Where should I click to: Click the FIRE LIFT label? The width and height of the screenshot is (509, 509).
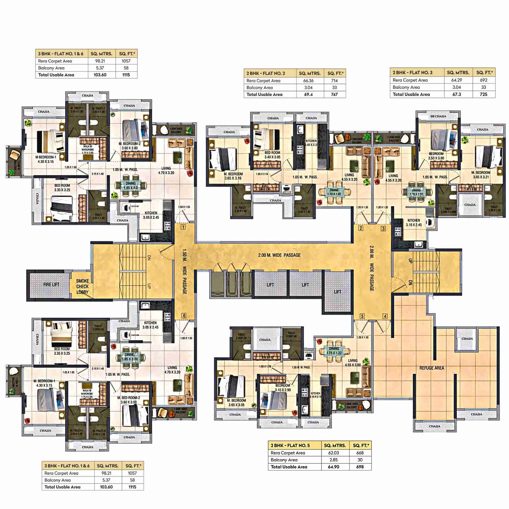click(51, 284)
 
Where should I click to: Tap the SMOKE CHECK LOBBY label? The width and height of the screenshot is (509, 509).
click(82, 286)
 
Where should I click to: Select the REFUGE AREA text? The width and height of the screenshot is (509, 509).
click(431, 368)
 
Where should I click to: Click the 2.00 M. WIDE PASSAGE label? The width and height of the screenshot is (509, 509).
click(279, 255)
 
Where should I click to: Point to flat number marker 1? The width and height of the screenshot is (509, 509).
click(183, 227)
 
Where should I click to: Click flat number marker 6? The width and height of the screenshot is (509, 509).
click(184, 316)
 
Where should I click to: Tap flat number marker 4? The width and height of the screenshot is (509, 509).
click(385, 316)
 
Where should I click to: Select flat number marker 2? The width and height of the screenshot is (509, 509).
click(361, 228)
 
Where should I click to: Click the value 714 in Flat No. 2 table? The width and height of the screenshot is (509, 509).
click(334, 81)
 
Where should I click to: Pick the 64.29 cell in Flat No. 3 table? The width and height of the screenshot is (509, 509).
click(457, 80)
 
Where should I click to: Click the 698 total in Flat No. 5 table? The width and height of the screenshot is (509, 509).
click(360, 467)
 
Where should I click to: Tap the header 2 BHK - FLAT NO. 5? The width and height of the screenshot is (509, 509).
click(290, 445)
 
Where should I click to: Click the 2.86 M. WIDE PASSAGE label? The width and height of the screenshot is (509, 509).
click(371, 268)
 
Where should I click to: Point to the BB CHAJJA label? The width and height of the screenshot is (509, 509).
click(438, 116)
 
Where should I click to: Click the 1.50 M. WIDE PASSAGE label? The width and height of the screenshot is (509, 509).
click(185, 271)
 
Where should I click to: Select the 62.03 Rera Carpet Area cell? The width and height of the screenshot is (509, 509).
click(333, 453)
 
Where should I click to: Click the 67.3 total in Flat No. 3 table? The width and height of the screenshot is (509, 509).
click(457, 94)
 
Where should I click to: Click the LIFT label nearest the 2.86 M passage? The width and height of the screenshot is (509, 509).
click(338, 292)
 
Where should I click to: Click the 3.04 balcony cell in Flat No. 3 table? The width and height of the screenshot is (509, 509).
click(457, 87)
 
